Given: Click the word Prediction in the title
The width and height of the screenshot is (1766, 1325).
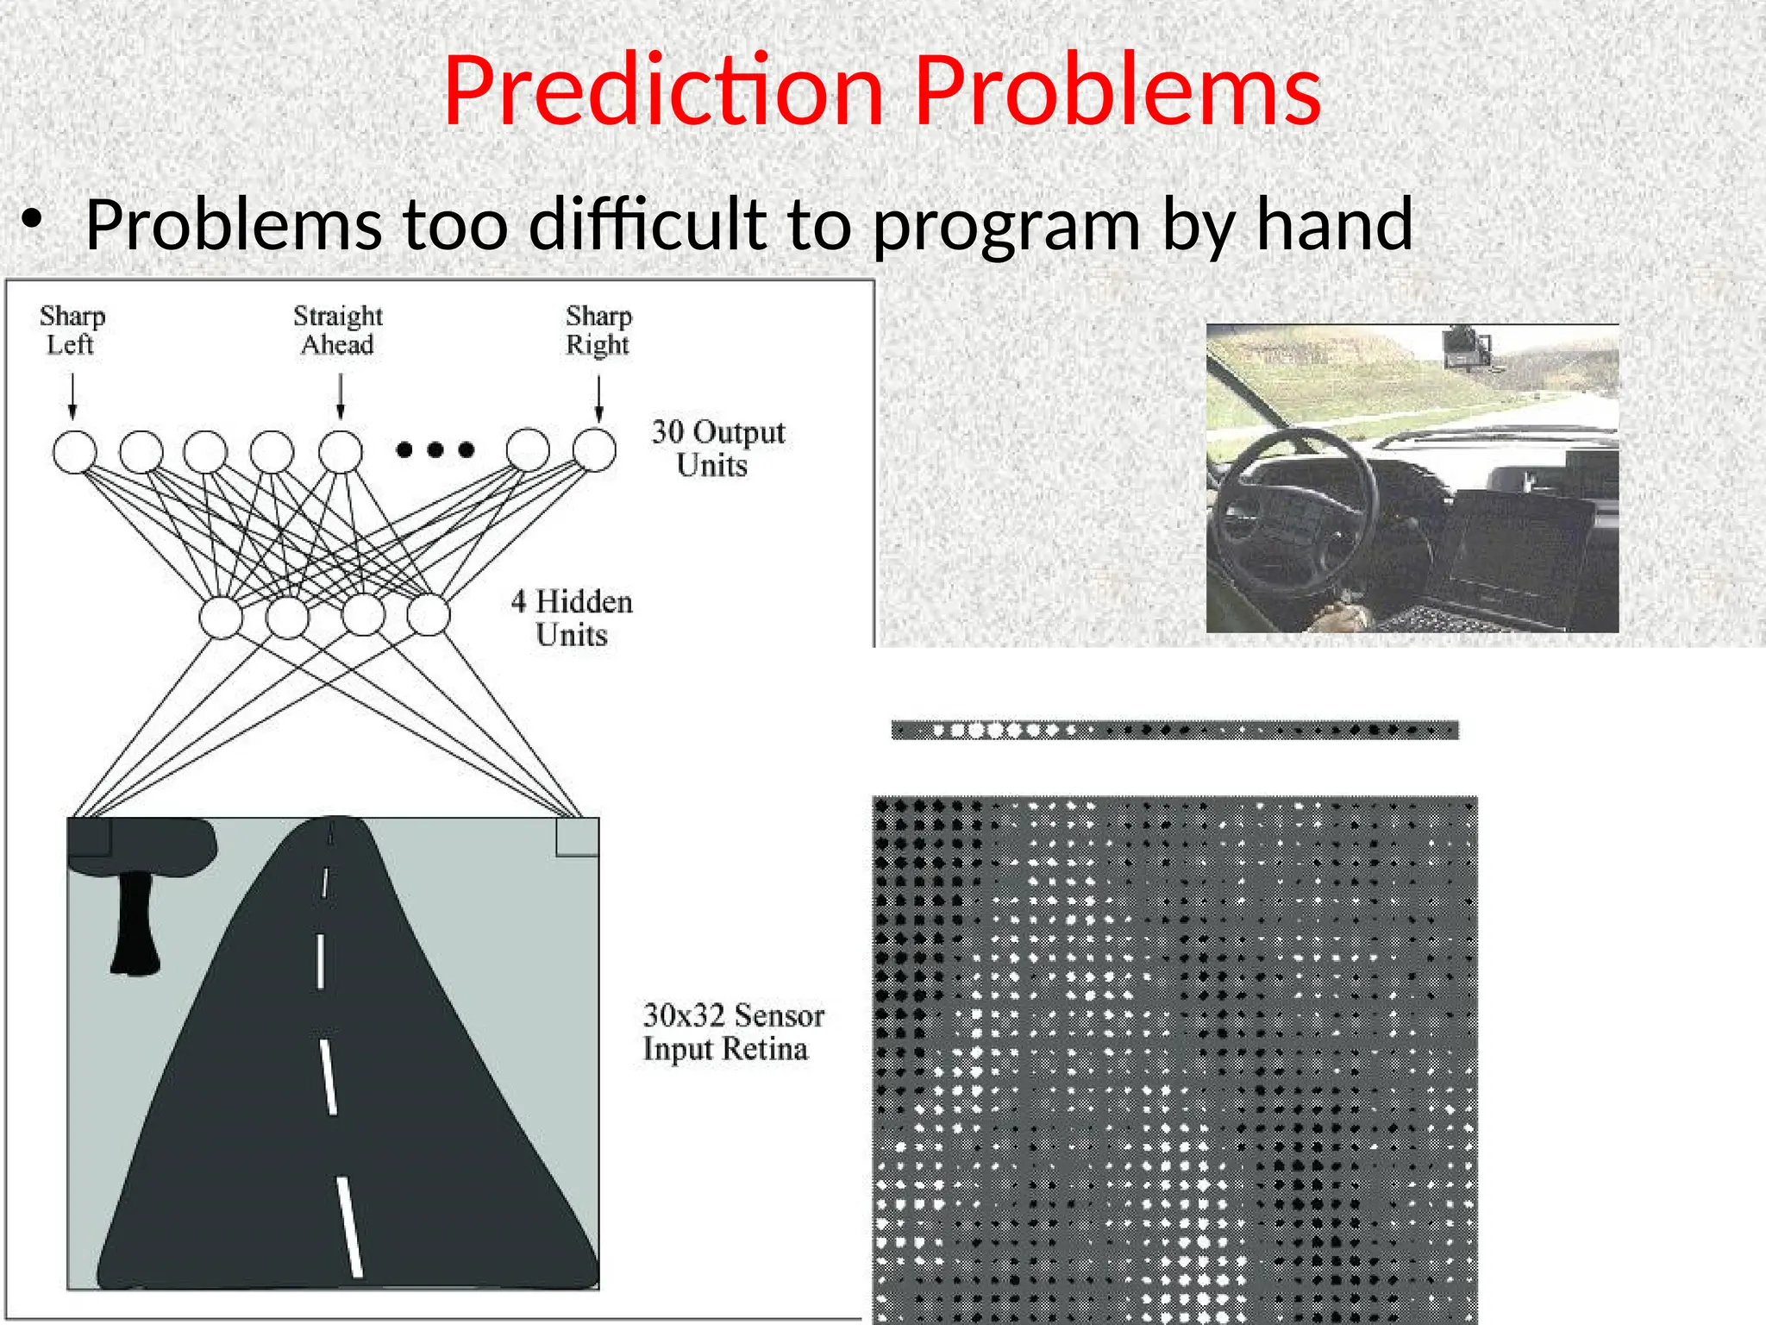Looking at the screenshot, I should [x=663, y=91].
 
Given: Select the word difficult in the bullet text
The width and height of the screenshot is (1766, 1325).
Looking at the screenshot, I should [x=648, y=224].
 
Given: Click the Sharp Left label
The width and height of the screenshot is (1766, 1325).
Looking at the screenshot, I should [x=72, y=330].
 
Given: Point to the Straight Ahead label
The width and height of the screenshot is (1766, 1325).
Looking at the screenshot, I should [x=338, y=330].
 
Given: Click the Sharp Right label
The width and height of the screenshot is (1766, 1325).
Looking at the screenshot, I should [x=598, y=330].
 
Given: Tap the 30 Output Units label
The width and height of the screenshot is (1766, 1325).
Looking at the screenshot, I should [x=717, y=449].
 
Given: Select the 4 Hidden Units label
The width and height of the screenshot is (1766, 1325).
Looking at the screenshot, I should [x=572, y=618].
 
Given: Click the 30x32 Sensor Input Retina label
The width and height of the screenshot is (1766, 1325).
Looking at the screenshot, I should [x=733, y=1032].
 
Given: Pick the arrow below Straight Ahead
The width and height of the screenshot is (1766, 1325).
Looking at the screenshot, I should [x=341, y=396].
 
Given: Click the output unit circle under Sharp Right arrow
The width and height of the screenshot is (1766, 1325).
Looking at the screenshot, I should [x=594, y=449].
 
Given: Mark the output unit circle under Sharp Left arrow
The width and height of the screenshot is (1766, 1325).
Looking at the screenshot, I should [x=75, y=451].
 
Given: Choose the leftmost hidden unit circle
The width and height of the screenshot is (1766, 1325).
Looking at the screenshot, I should [x=221, y=617].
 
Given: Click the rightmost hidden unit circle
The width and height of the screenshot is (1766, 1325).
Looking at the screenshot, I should [x=429, y=614].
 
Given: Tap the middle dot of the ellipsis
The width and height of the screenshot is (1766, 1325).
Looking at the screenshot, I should [x=435, y=449].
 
